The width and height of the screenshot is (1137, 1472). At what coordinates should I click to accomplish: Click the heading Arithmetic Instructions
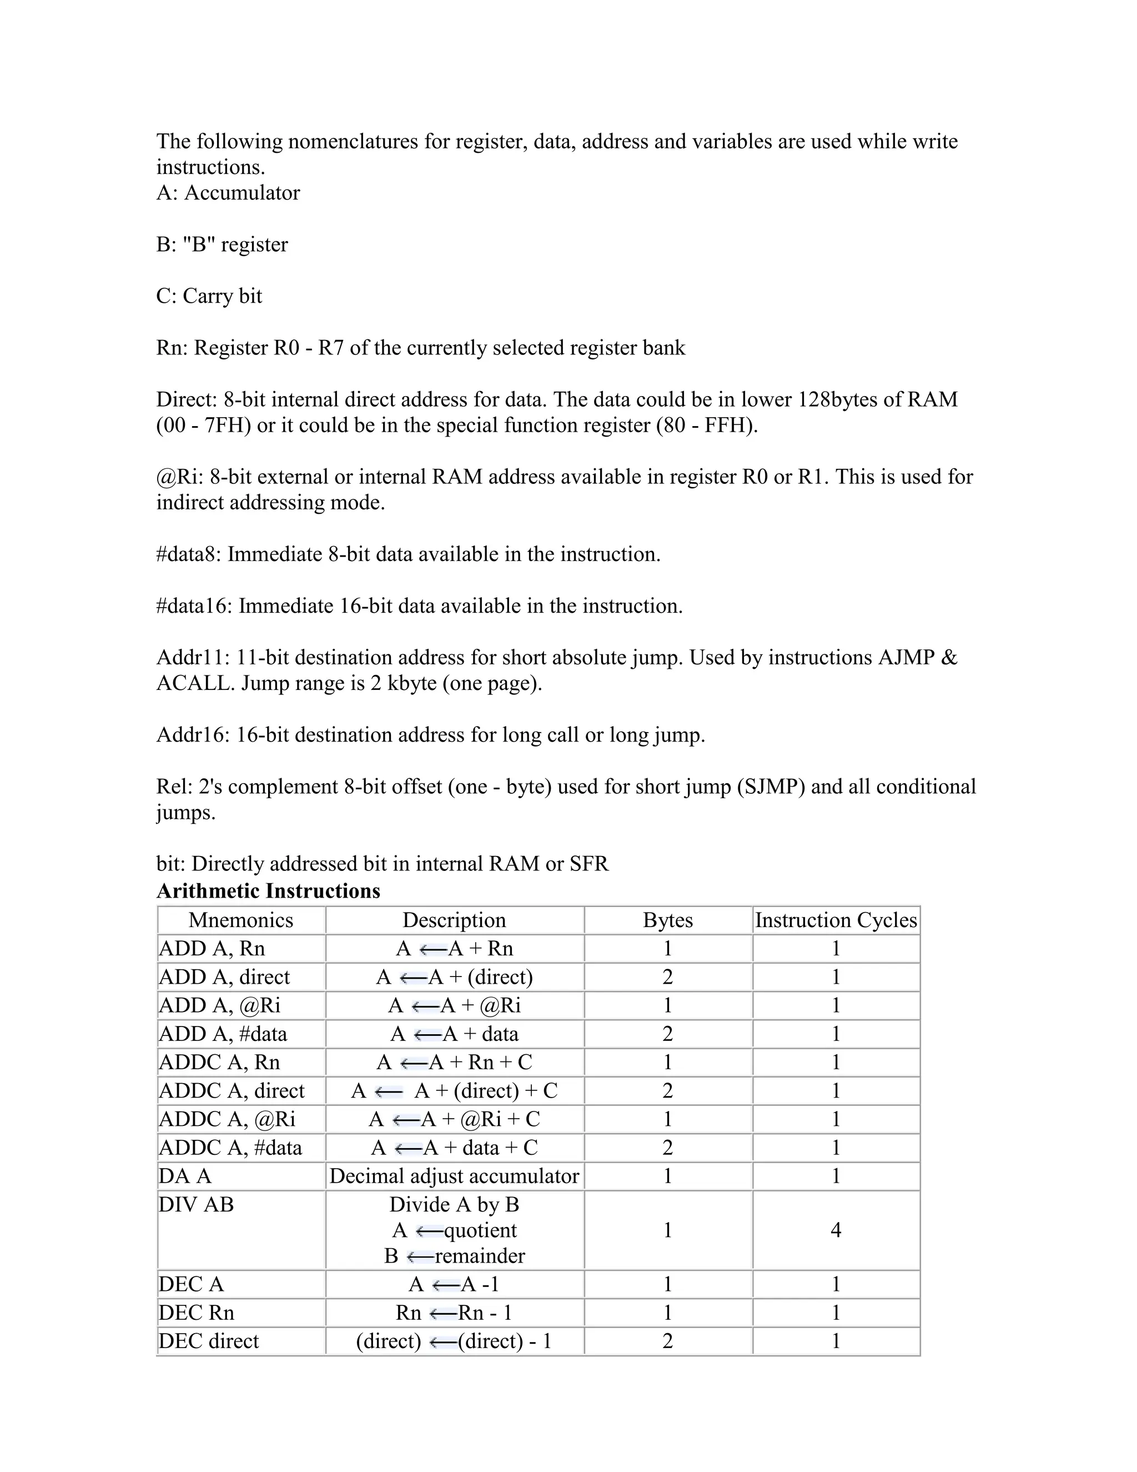coord(268,891)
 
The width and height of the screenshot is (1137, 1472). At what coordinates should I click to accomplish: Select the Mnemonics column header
coord(240,920)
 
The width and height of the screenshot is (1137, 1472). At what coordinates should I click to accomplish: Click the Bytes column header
coord(667,920)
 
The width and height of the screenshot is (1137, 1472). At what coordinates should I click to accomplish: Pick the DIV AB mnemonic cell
coord(196,1204)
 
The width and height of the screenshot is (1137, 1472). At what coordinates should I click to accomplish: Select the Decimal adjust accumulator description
coord(454,1176)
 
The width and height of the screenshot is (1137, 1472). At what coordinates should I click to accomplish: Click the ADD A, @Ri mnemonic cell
coord(220,1005)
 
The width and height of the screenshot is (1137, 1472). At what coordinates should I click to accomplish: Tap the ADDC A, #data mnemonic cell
coord(230,1147)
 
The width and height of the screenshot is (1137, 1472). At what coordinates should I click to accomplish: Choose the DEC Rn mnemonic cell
coord(197,1312)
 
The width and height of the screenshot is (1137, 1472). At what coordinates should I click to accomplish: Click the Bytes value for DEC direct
coord(667,1340)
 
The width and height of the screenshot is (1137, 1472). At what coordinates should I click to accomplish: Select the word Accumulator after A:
coord(242,193)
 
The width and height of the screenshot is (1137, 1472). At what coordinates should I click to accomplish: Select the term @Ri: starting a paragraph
coord(180,477)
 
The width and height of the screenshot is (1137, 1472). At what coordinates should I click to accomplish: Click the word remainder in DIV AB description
coord(480,1256)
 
